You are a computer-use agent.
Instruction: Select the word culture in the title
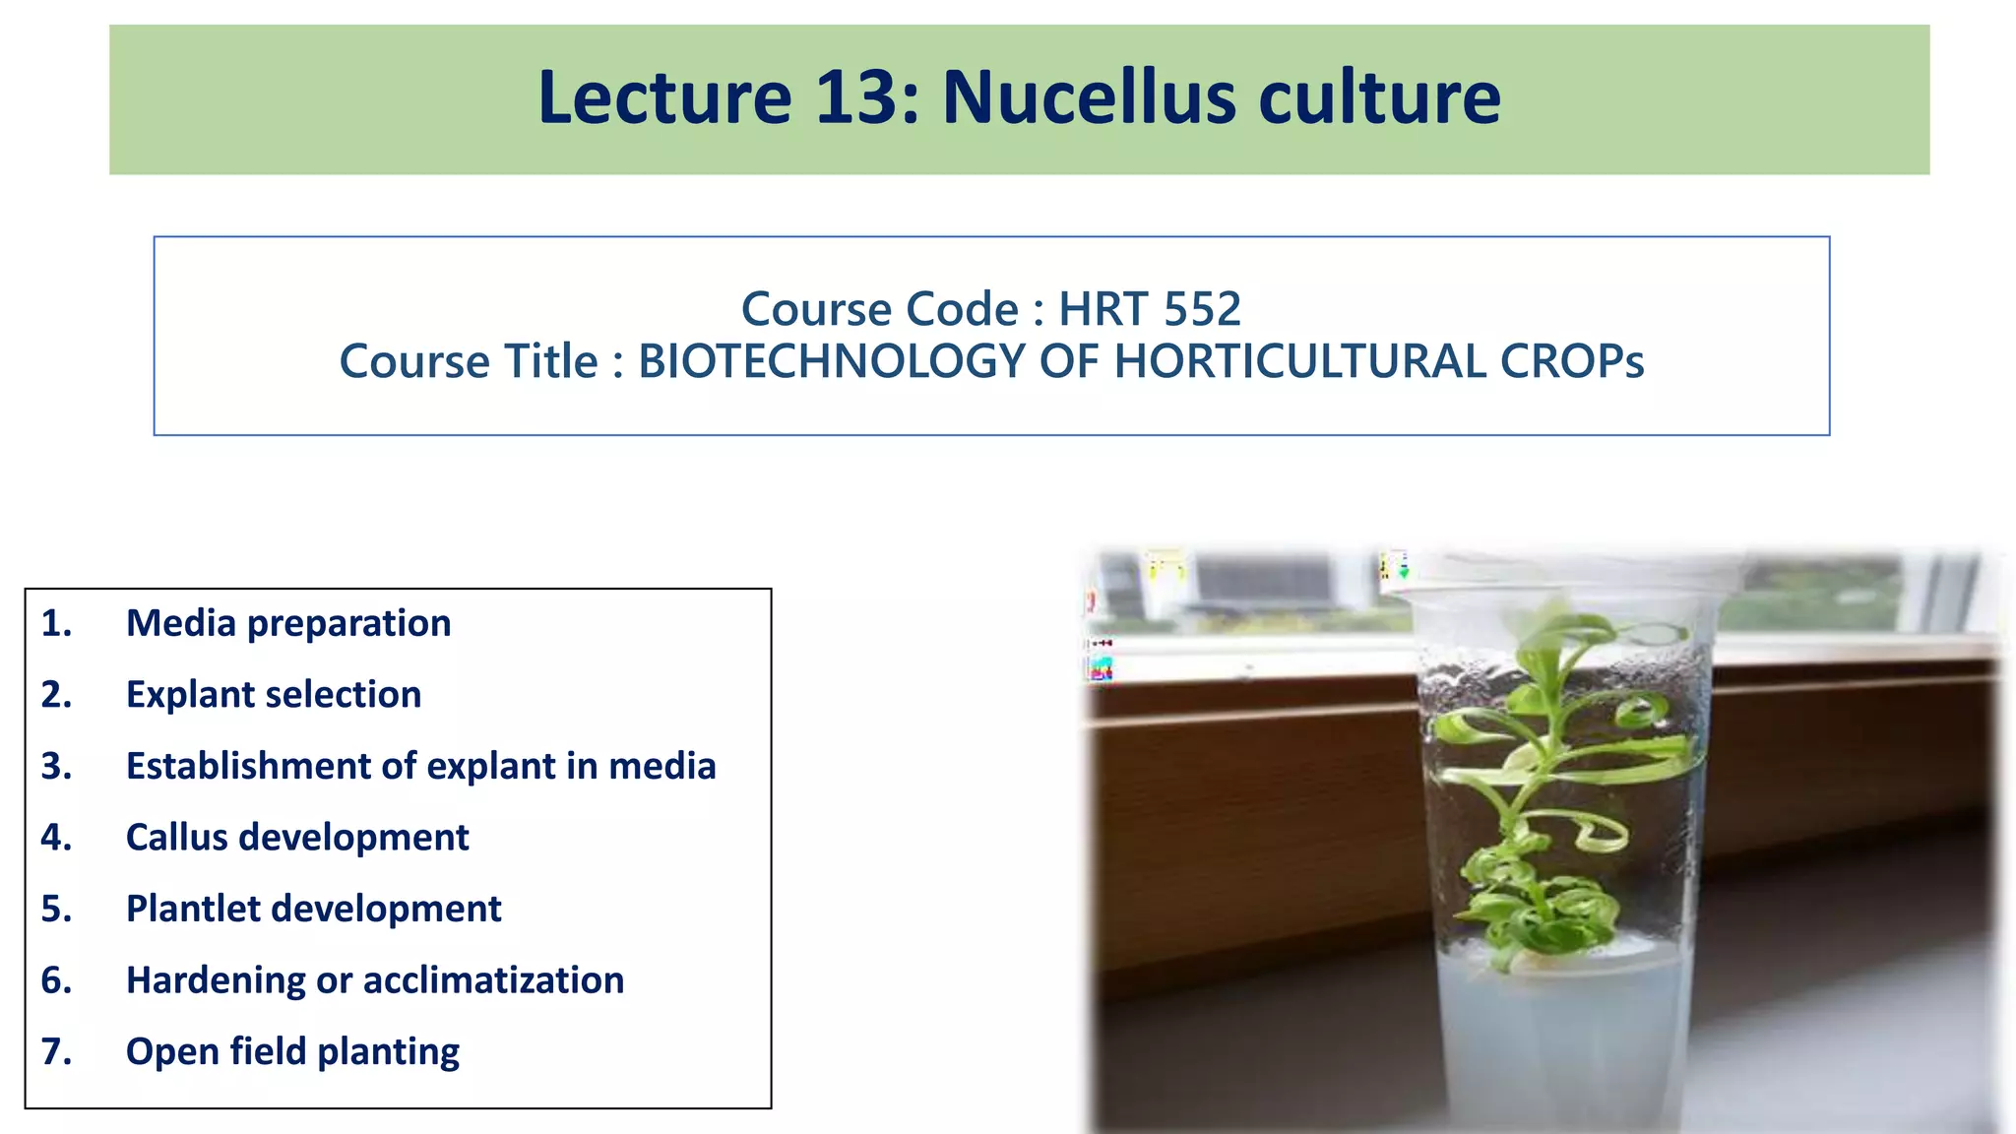coord(1379,97)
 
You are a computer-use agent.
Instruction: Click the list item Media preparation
coord(288,623)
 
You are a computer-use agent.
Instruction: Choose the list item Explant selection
coord(274,695)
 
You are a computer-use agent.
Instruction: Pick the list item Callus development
coord(297,838)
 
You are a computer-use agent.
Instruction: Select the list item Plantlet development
coord(313,909)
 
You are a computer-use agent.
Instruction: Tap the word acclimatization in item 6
coord(493,980)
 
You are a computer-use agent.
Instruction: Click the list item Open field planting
coord(292,1051)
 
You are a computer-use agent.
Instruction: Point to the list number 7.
coord(56,1051)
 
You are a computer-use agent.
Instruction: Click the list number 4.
coord(56,838)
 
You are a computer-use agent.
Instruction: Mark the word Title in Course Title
coord(550,361)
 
